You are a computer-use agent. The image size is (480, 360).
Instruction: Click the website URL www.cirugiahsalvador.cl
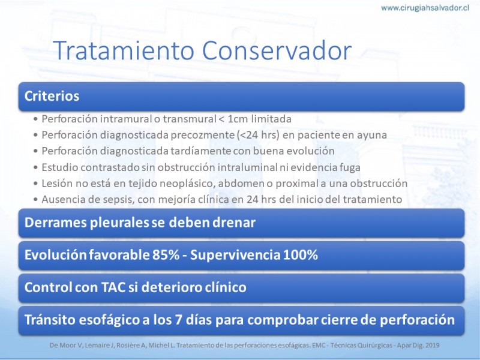click(x=425, y=8)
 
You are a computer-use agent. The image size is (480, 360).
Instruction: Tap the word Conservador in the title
click(x=277, y=50)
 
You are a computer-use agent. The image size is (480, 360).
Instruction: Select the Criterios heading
click(x=52, y=96)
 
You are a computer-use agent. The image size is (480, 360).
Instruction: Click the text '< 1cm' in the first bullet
click(x=233, y=119)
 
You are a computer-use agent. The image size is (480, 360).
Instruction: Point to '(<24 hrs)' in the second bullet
click(x=259, y=135)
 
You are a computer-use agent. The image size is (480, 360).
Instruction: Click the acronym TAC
click(x=113, y=287)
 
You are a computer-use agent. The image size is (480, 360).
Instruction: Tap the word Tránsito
click(x=50, y=320)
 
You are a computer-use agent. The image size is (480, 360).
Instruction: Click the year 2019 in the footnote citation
click(x=432, y=346)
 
